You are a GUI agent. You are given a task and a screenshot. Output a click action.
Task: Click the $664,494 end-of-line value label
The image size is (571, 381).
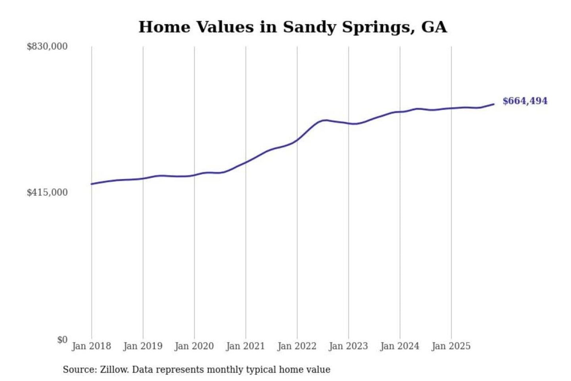tap(525, 101)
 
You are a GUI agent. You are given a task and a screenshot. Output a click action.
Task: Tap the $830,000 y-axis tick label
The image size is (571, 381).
tap(47, 46)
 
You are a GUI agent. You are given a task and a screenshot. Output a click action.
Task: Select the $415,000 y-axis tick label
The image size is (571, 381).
tap(47, 192)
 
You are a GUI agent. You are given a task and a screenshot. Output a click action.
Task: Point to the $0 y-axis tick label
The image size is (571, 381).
tap(62, 340)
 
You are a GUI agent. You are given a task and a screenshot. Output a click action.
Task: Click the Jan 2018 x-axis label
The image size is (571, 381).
tap(91, 346)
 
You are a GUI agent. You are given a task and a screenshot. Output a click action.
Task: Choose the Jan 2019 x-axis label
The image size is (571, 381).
tap(143, 346)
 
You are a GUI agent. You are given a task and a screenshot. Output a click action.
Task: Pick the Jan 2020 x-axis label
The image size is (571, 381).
tap(194, 346)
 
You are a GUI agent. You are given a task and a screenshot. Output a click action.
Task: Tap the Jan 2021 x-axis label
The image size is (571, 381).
tap(245, 346)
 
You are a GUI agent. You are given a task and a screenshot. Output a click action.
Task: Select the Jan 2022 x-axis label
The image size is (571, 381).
tap(297, 346)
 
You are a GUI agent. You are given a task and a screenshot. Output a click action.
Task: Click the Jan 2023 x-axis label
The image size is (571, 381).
tap(348, 346)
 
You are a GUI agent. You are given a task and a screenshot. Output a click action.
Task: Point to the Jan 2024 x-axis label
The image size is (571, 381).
tap(400, 346)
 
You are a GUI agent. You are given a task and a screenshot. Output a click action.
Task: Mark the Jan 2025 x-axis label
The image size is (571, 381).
tap(451, 346)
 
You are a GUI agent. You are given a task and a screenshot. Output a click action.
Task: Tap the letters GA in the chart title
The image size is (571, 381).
tap(434, 27)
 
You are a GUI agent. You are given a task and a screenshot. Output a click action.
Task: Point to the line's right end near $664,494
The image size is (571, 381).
tap(494, 104)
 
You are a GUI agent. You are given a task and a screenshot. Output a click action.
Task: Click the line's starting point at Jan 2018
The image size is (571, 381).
tap(92, 184)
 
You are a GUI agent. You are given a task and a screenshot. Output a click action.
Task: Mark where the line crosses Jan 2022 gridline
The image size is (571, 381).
tap(297, 140)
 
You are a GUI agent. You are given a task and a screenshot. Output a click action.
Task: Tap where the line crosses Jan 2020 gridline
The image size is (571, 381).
tap(194, 175)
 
